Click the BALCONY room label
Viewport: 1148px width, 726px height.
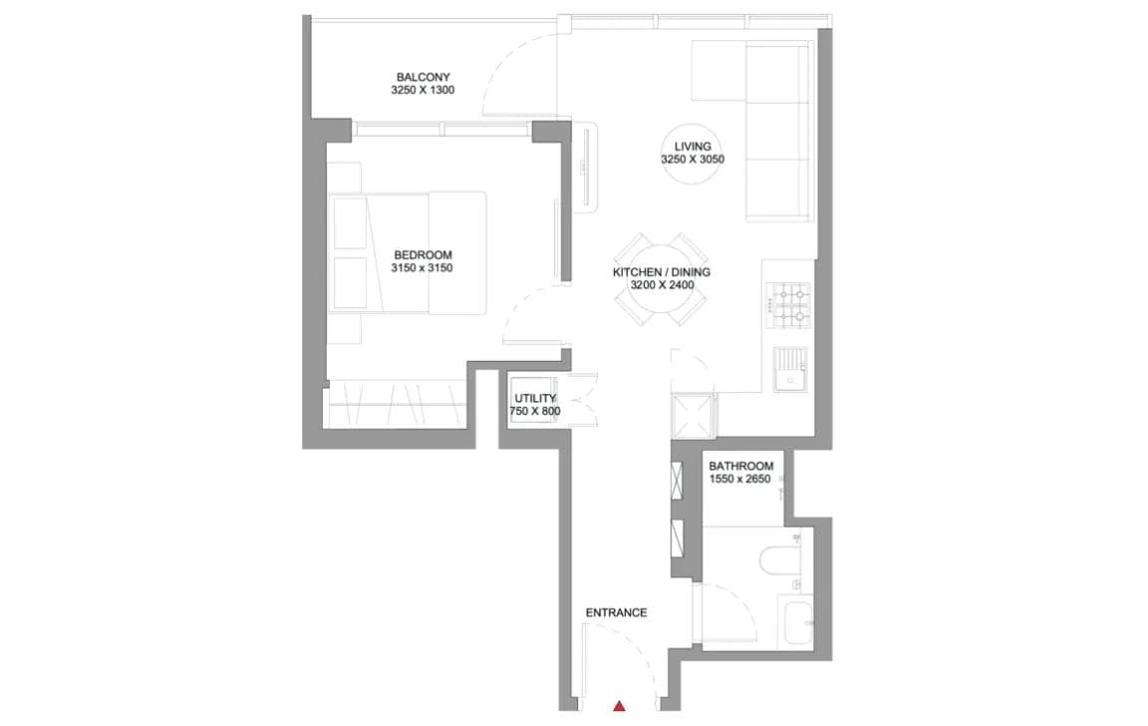pos(424,77)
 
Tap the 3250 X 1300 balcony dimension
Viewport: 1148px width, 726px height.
pos(424,91)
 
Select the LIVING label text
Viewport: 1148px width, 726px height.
pos(692,147)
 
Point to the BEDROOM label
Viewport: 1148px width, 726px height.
pos(423,254)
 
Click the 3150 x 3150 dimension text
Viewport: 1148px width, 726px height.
pos(423,268)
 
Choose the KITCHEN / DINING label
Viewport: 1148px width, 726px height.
pos(661,272)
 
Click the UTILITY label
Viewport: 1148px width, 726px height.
pos(535,398)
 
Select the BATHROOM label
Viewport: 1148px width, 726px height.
pos(740,466)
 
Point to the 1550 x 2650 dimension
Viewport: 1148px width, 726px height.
pos(740,480)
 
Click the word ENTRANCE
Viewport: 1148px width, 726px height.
pos(616,613)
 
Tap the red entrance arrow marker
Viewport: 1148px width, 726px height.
pos(619,707)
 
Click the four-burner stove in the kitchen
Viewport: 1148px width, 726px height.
pos(791,306)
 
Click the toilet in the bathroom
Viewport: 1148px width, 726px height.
pos(777,559)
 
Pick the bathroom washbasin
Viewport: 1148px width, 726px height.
pos(798,621)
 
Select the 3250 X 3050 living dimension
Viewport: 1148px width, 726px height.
pos(692,161)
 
